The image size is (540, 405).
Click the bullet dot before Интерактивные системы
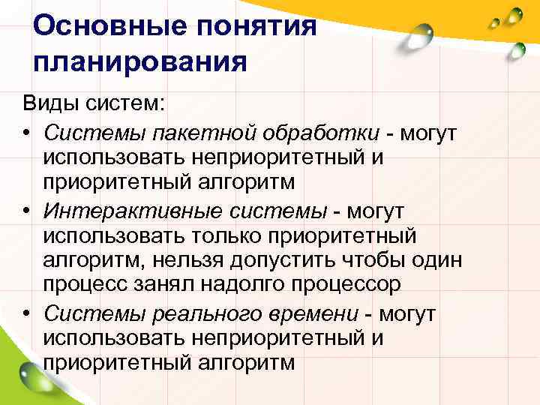[25, 211]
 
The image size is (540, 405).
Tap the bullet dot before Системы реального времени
[25, 314]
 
